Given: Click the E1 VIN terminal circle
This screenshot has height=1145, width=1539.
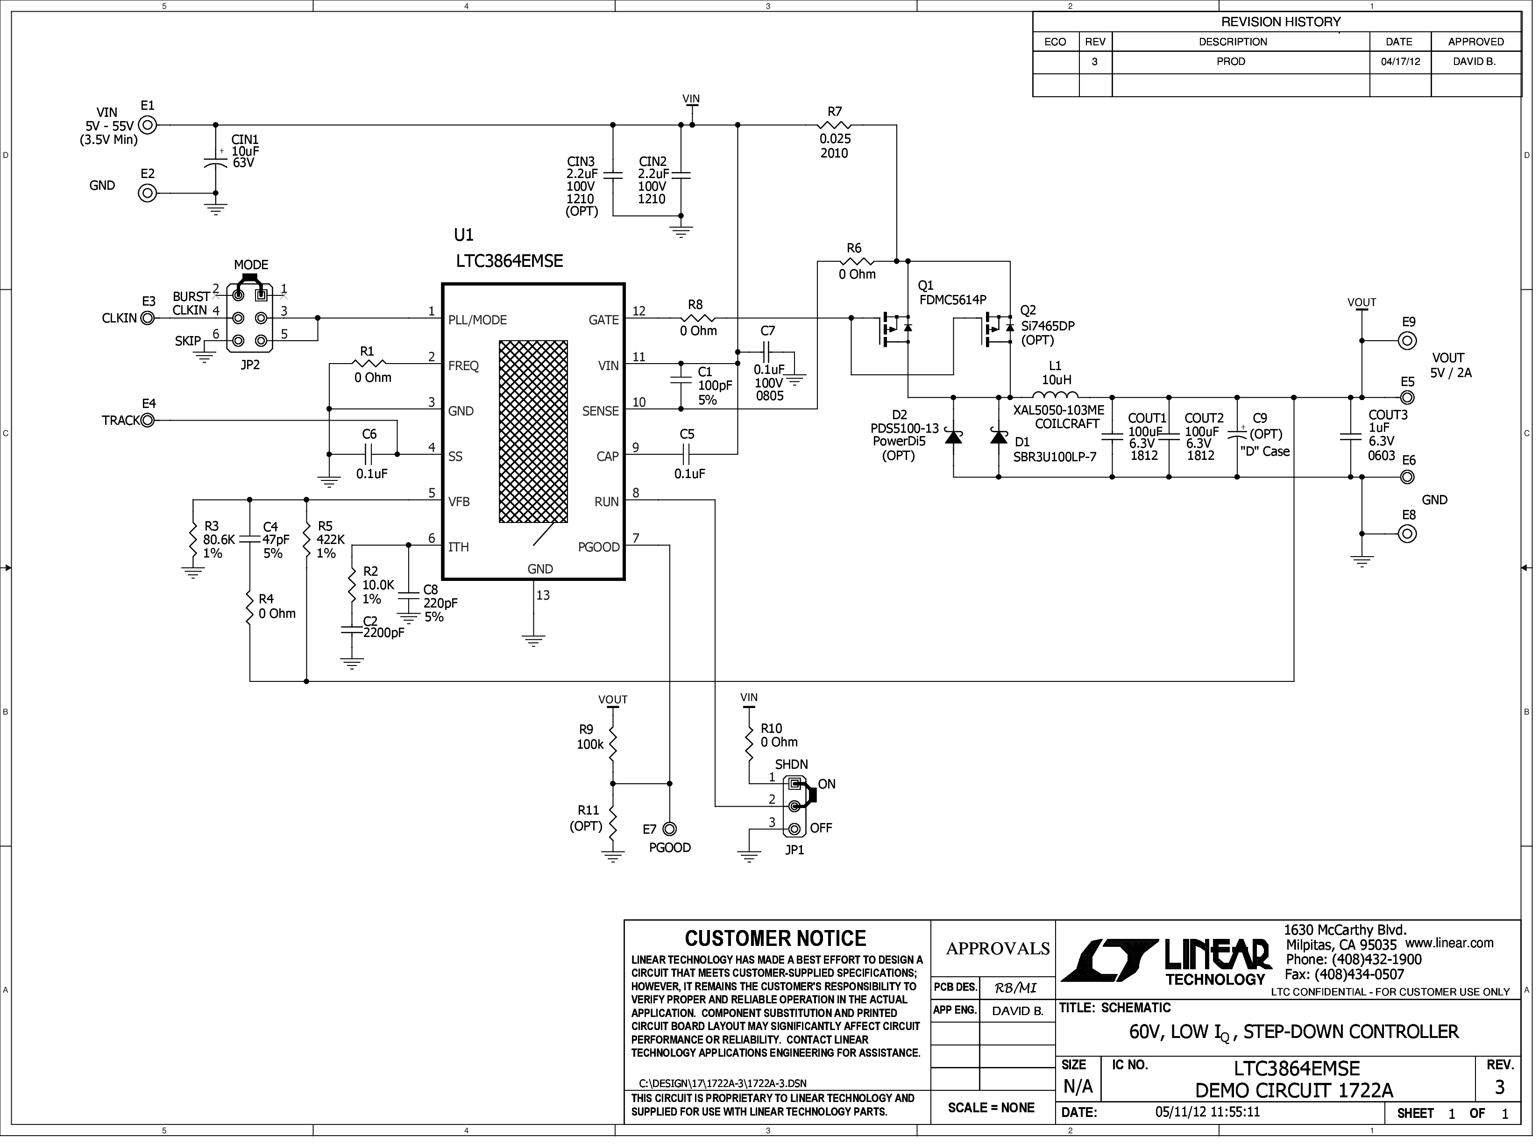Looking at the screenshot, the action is (148, 125).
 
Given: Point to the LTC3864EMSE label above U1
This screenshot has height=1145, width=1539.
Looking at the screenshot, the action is (509, 261).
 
